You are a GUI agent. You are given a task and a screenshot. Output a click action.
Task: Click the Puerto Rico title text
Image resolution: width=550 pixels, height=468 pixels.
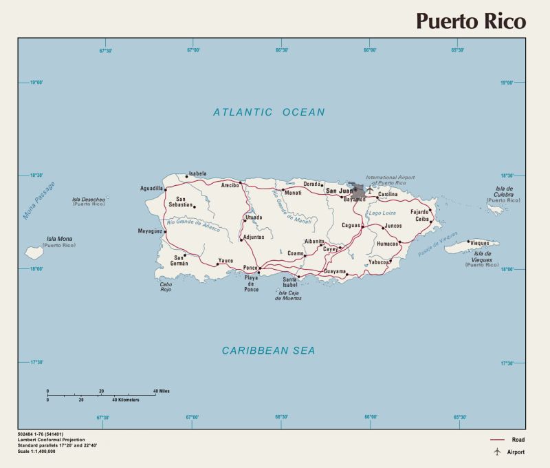470,21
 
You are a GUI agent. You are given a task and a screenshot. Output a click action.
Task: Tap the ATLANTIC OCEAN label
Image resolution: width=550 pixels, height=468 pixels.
268,112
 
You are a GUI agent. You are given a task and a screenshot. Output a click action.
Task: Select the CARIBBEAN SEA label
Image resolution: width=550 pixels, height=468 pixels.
268,351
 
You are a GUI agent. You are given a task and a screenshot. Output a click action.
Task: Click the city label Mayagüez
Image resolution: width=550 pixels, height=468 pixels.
150,231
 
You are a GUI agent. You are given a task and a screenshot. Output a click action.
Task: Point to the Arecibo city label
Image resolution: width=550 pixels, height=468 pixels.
230,185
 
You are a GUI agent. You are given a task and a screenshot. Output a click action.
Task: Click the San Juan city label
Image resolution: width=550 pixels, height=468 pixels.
338,191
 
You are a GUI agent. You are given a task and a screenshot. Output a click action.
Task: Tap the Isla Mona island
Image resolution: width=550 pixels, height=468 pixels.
34,253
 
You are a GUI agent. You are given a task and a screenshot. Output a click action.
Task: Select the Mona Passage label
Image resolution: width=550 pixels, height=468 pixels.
38,201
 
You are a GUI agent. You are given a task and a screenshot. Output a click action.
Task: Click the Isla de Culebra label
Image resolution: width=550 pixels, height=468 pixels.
505,193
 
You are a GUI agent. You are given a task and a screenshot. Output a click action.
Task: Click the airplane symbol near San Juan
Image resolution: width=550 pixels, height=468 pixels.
369,189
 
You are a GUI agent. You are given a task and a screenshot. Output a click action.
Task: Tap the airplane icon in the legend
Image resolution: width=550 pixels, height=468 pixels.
496,451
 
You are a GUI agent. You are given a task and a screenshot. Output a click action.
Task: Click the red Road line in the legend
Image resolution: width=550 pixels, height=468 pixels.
497,440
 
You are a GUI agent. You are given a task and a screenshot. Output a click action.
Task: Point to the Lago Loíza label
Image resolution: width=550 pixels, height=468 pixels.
382,213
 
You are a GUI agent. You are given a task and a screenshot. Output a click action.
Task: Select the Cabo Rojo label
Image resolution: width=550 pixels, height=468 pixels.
166,287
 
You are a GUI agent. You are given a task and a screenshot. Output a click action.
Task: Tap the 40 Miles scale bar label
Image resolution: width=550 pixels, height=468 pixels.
161,391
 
